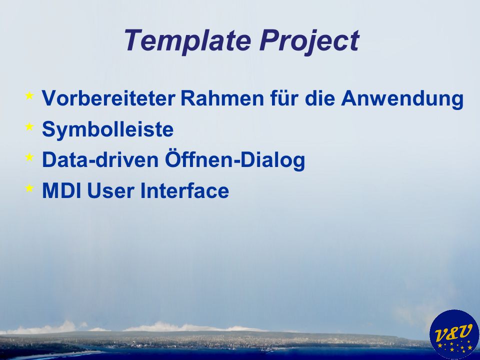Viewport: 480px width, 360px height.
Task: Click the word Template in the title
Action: pyautogui.click(x=187, y=40)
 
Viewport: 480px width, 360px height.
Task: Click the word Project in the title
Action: pyautogui.click(x=309, y=40)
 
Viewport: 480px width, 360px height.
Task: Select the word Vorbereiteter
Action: pyautogui.click(x=108, y=98)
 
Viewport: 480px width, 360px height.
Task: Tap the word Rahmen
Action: pyautogui.click(x=222, y=98)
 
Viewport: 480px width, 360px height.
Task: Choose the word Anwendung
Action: pyautogui.click(x=402, y=99)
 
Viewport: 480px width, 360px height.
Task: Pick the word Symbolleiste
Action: pyautogui.click(x=108, y=129)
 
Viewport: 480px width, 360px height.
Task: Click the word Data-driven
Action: pyautogui.click(x=100, y=160)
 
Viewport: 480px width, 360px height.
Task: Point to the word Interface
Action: pyautogui.click(x=184, y=190)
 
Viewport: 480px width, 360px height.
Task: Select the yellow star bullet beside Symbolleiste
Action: pyautogui.click(x=29, y=126)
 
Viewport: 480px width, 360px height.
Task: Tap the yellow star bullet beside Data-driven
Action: pyautogui.click(x=29, y=157)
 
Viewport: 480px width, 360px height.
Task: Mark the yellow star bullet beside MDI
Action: pyautogui.click(x=29, y=187)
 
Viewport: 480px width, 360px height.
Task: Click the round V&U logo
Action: pyautogui.click(x=454, y=334)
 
